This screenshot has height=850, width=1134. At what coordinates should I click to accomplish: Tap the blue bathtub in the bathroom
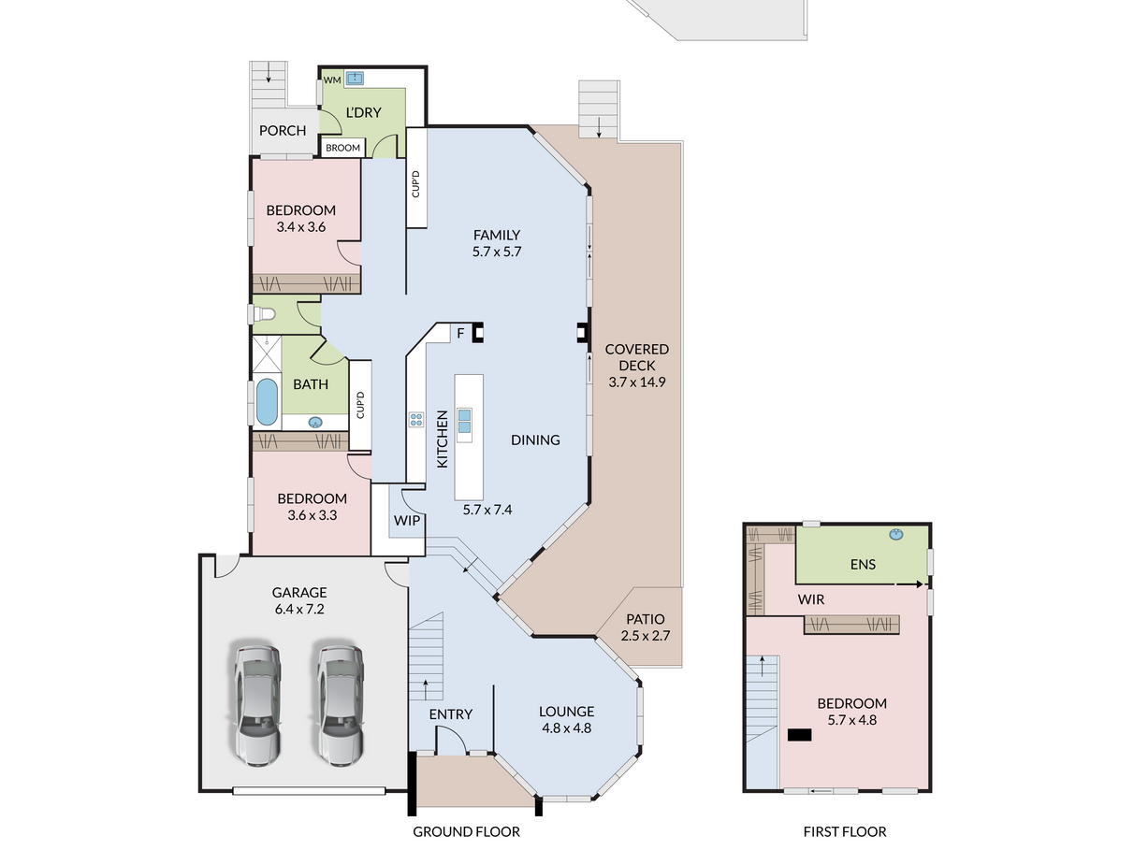pyautogui.click(x=267, y=402)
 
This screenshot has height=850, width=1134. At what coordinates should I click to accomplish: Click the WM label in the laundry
pyautogui.click(x=331, y=80)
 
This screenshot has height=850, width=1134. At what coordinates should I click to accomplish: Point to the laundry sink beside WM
pyautogui.click(x=355, y=78)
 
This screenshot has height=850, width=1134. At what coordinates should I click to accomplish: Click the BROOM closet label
pyautogui.click(x=342, y=148)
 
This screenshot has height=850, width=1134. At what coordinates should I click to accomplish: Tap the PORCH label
pyautogui.click(x=282, y=131)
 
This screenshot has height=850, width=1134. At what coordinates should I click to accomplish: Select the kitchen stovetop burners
pyautogui.click(x=416, y=420)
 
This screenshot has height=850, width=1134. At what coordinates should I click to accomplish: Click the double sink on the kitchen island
pyautogui.click(x=464, y=421)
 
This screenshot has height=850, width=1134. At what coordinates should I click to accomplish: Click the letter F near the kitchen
pyautogui.click(x=460, y=334)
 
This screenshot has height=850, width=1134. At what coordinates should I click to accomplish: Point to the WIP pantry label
pyautogui.click(x=407, y=521)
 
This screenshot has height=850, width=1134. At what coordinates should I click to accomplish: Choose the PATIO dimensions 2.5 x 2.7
pyautogui.click(x=646, y=636)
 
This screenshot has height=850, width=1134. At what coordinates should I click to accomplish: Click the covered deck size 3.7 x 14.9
pyautogui.click(x=636, y=382)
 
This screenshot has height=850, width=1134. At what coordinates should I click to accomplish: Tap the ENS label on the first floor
pyautogui.click(x=863, y=565)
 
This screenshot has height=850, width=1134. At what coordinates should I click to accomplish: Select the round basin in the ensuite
pyautogui.click(x=895, y=535)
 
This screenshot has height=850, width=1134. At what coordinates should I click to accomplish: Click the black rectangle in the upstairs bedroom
pyautogui.click(x=799, y=735)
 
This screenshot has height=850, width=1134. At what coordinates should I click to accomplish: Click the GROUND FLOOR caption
pyautogui.click(x=466, y=832)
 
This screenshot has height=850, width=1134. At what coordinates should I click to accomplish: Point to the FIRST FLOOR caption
pyautogui.click(x=844, y=832)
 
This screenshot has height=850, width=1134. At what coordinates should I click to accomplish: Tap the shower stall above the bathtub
pyautogui.click(x=267, y=353)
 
